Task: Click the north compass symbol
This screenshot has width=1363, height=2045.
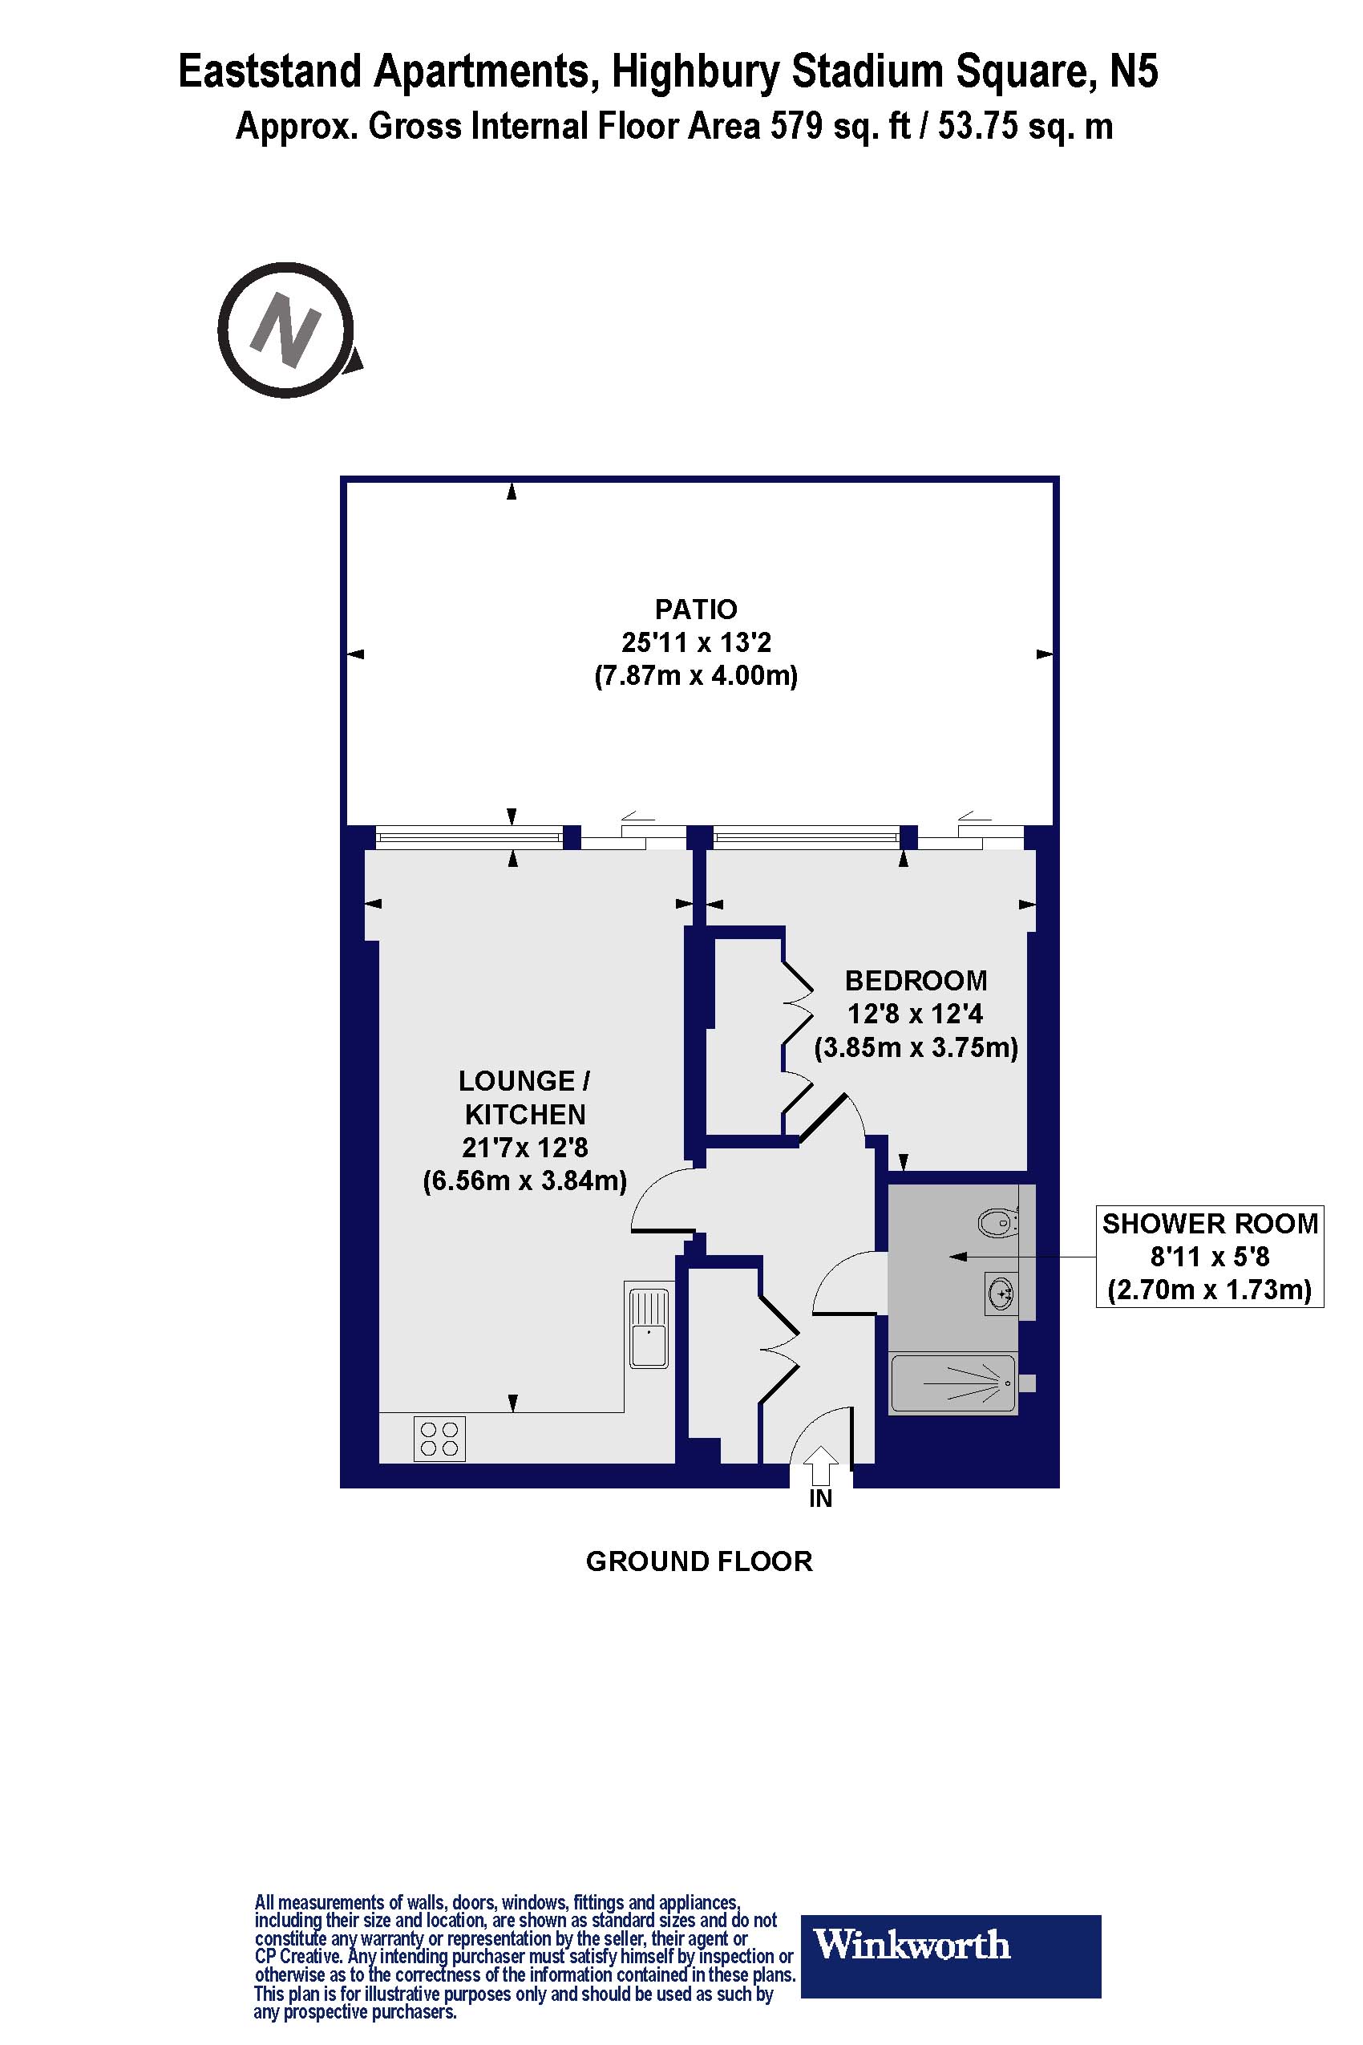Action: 287,330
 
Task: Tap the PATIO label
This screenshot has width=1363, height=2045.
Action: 695,609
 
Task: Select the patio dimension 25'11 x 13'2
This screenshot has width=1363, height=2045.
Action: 695,642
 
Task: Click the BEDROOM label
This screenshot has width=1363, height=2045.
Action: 916,981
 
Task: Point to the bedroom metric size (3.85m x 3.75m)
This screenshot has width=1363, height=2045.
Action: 916,1047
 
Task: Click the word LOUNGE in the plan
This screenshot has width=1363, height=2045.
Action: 516,1081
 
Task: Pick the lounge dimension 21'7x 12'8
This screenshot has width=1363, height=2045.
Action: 524,1148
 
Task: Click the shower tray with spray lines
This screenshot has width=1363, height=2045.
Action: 952,1383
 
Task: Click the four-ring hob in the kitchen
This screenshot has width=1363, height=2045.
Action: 439,1439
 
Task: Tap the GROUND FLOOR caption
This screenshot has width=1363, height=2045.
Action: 699,1561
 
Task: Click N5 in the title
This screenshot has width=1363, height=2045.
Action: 1134,71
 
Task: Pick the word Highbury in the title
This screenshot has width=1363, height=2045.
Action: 695,71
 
